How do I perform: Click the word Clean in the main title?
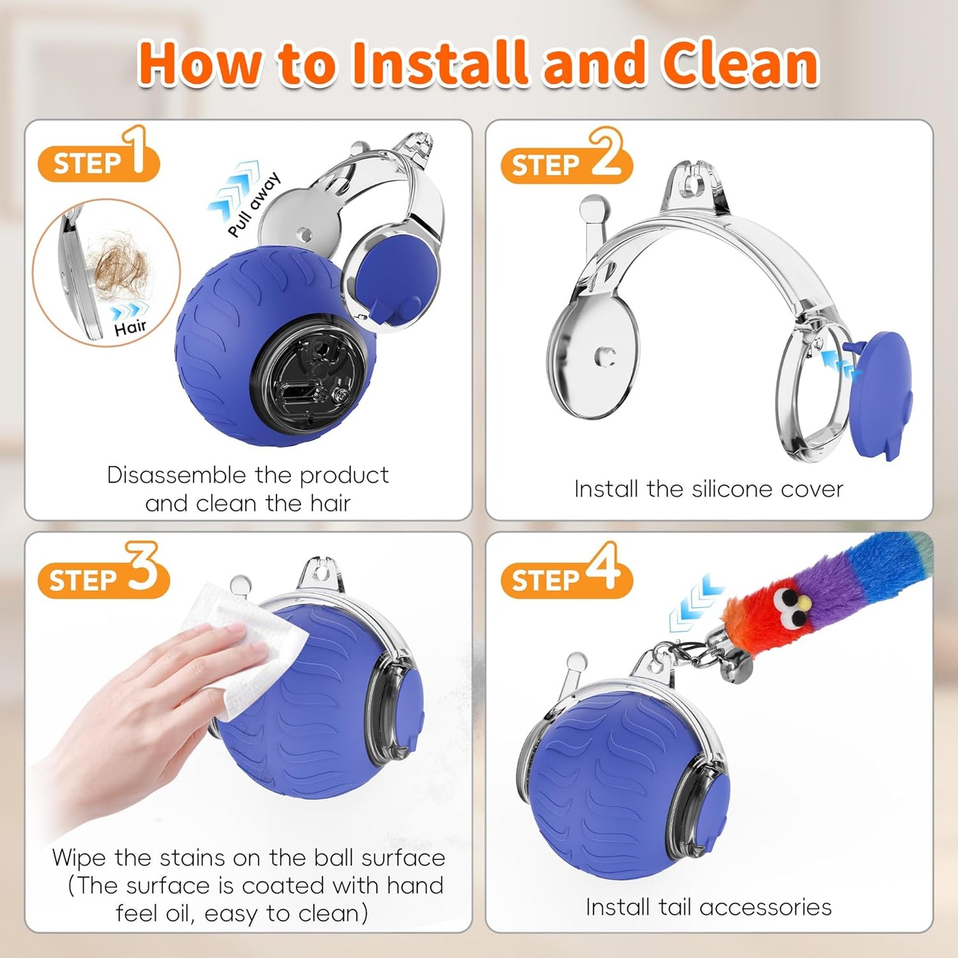tap(740, 64)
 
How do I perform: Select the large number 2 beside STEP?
tap(605, 154)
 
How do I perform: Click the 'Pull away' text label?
tap(254, 205)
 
